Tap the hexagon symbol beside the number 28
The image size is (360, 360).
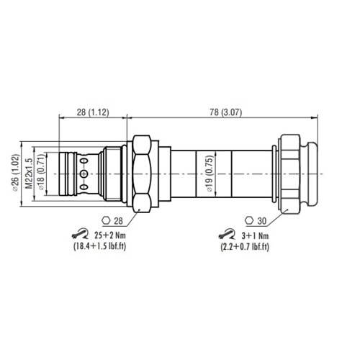tap(107, 220)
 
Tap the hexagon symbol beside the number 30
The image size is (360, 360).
tap(249, 220)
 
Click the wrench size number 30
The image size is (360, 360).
tap(263, 220)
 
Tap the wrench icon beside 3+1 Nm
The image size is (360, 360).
tap(226, 234)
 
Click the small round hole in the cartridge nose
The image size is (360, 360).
tap(85, 174)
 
